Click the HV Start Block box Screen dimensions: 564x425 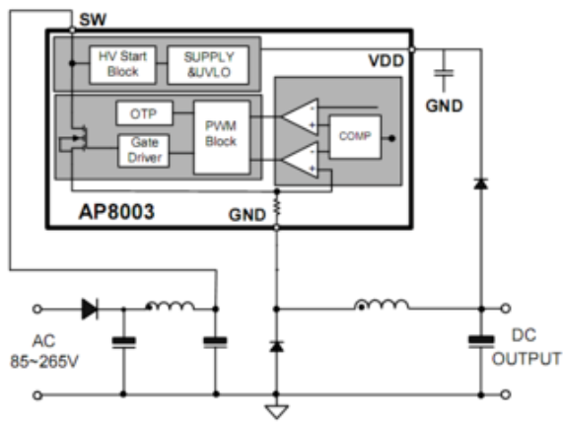(x=122, y=65)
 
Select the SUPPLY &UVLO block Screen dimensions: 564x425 (x=208, y=65)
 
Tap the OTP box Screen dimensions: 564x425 (x=144, y=113)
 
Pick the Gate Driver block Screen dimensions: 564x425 (x=144, y=151)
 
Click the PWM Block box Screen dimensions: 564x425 (x=222, y=138)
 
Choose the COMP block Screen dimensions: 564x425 (x=355, y=137)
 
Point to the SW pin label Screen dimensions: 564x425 (x=93, y=20)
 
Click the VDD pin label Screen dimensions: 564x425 (x=386, y=61)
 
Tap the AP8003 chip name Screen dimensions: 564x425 (x=116, y=212)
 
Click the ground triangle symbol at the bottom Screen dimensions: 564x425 (x=276, y=411)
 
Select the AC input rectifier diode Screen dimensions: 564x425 (x=89, y=309)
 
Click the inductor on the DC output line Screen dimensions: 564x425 (x=382, y=305)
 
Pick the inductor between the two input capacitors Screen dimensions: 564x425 (x=171, y=306)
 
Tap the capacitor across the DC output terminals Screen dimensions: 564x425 (x=481, y=341)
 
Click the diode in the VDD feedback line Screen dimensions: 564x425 (x=481, y=183)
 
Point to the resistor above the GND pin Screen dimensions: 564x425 (x=277, y=208)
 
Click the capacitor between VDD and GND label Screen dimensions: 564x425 (x=444, y=73)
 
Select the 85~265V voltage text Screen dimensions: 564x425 (x=44, y=361)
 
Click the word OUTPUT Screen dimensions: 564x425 (x=527, y=359)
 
